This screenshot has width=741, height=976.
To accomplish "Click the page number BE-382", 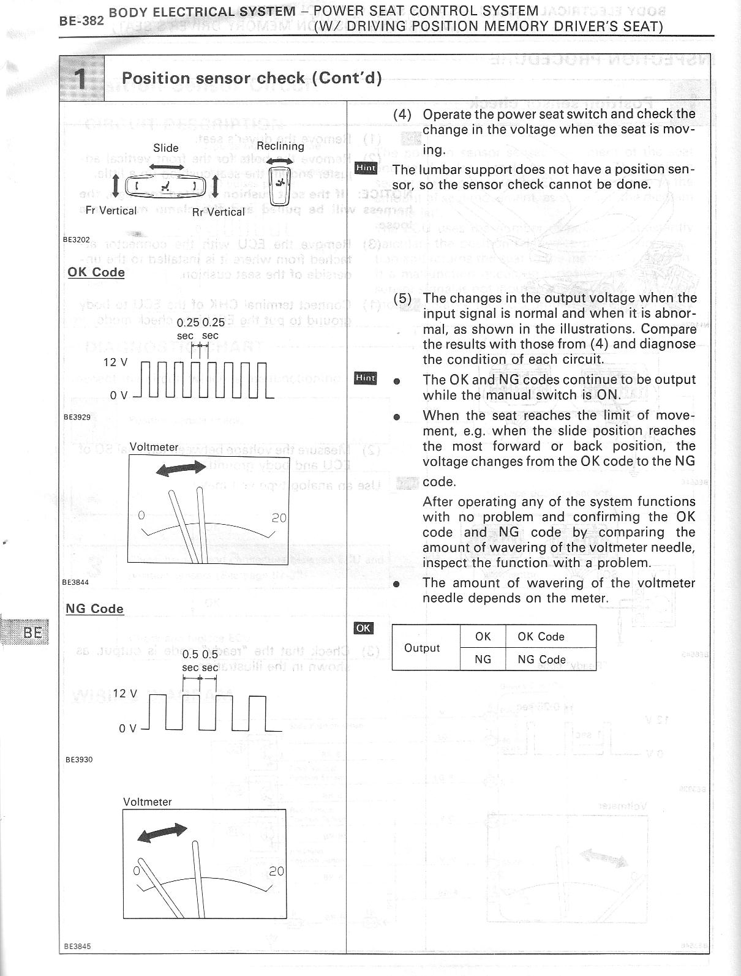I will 81,20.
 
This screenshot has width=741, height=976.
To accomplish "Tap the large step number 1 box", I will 81,78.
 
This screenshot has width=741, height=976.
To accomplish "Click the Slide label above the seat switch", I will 166,148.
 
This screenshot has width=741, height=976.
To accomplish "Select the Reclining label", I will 280,146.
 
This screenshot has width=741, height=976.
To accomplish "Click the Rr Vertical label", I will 218,212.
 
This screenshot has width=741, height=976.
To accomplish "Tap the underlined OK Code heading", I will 96,272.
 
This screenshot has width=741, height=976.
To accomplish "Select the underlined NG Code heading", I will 95,609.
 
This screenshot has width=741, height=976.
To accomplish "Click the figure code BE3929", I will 77,417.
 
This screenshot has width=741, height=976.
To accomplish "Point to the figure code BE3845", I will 78,946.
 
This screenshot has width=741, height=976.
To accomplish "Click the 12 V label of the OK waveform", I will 115,362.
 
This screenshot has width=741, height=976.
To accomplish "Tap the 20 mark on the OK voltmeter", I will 279,518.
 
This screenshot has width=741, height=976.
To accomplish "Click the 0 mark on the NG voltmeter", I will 137,870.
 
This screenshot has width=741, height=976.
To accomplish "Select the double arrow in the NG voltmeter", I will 162,833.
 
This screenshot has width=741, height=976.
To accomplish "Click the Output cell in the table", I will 422,648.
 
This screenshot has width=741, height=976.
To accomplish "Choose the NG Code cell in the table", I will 541,659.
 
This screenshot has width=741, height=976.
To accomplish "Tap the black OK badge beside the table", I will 363,628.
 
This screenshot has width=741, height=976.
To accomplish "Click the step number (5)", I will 402,298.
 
